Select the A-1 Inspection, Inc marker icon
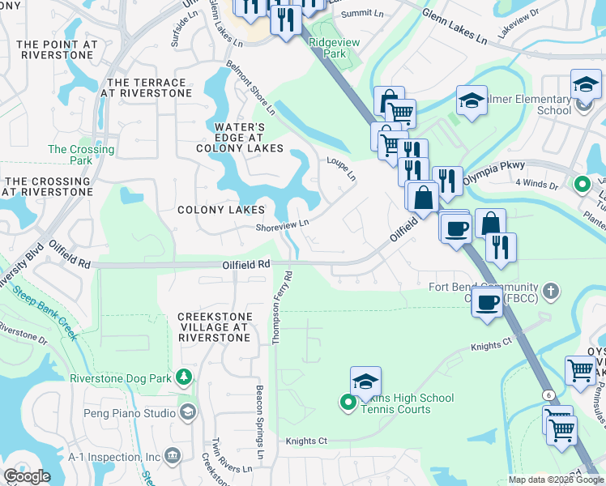(172, 457)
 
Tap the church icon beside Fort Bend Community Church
(550, 290)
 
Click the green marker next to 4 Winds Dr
(582, 184)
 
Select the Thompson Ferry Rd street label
(281, 307)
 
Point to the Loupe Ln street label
(340, 168)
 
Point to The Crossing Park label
(81, 155)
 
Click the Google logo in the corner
(28, 476)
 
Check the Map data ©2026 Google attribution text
(555, 480)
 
